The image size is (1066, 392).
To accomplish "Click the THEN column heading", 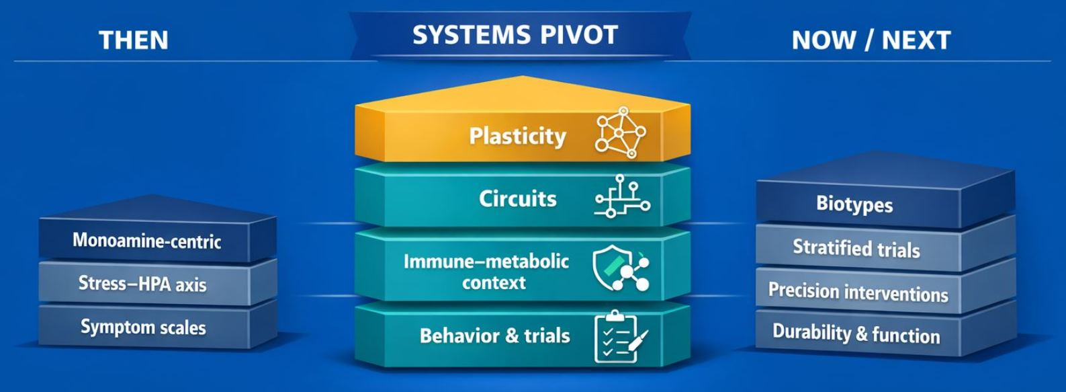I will pyautogui.click(x=133, y=40).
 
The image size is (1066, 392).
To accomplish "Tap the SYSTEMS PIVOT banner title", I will pyautogui.click(x=515, y=35).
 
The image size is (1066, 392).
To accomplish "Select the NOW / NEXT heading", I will pyautogui.click(x=871, y=40).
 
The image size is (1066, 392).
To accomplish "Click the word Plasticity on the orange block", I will pyautogui.click(x=517, y=136).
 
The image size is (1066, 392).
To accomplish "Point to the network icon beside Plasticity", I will pyautogui.click(x=621, y=132).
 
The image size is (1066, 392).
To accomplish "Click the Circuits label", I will pyautogui.click(x=517, y=199).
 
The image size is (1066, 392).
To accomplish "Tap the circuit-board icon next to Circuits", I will pyautogui.click(x=622, y=197).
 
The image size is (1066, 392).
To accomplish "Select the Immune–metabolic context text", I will pyautogui.click(x=486, y=271).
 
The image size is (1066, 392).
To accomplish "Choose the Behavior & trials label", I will pyautogui.click(x=494, y=336).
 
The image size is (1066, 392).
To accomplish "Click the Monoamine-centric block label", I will pyautogui.click(x=146, y=241).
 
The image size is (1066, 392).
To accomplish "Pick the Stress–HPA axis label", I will pyautogui.click(x=142, y=284).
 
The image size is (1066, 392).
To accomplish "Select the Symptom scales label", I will pyautogui.click(x=143, y=327).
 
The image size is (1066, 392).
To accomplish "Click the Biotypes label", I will pyautogui.click(x=854, y=204).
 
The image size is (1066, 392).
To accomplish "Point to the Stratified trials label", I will pyautogui.click(x=856, y=248).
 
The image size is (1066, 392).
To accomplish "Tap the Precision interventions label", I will pyautogui.click(x=858, y=292).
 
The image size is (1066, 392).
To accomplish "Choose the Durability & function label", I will pyautogui.click(x=856, y=334).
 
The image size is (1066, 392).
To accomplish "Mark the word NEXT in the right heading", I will pyautogui.click(x=916, y=40).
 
